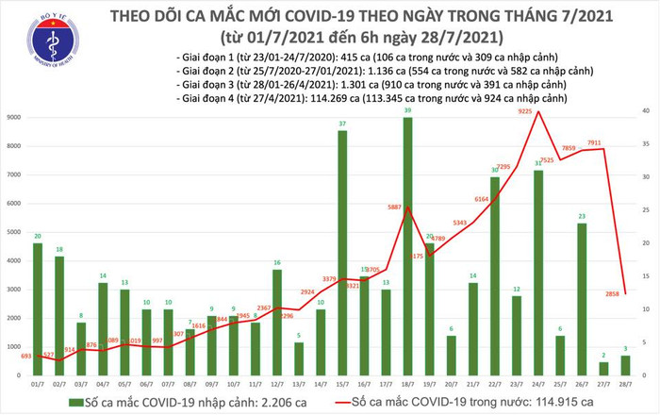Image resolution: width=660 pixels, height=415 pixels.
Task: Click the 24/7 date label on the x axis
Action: [x=538, y=385]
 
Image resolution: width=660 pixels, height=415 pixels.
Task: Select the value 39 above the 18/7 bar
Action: [x=406, y=110]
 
